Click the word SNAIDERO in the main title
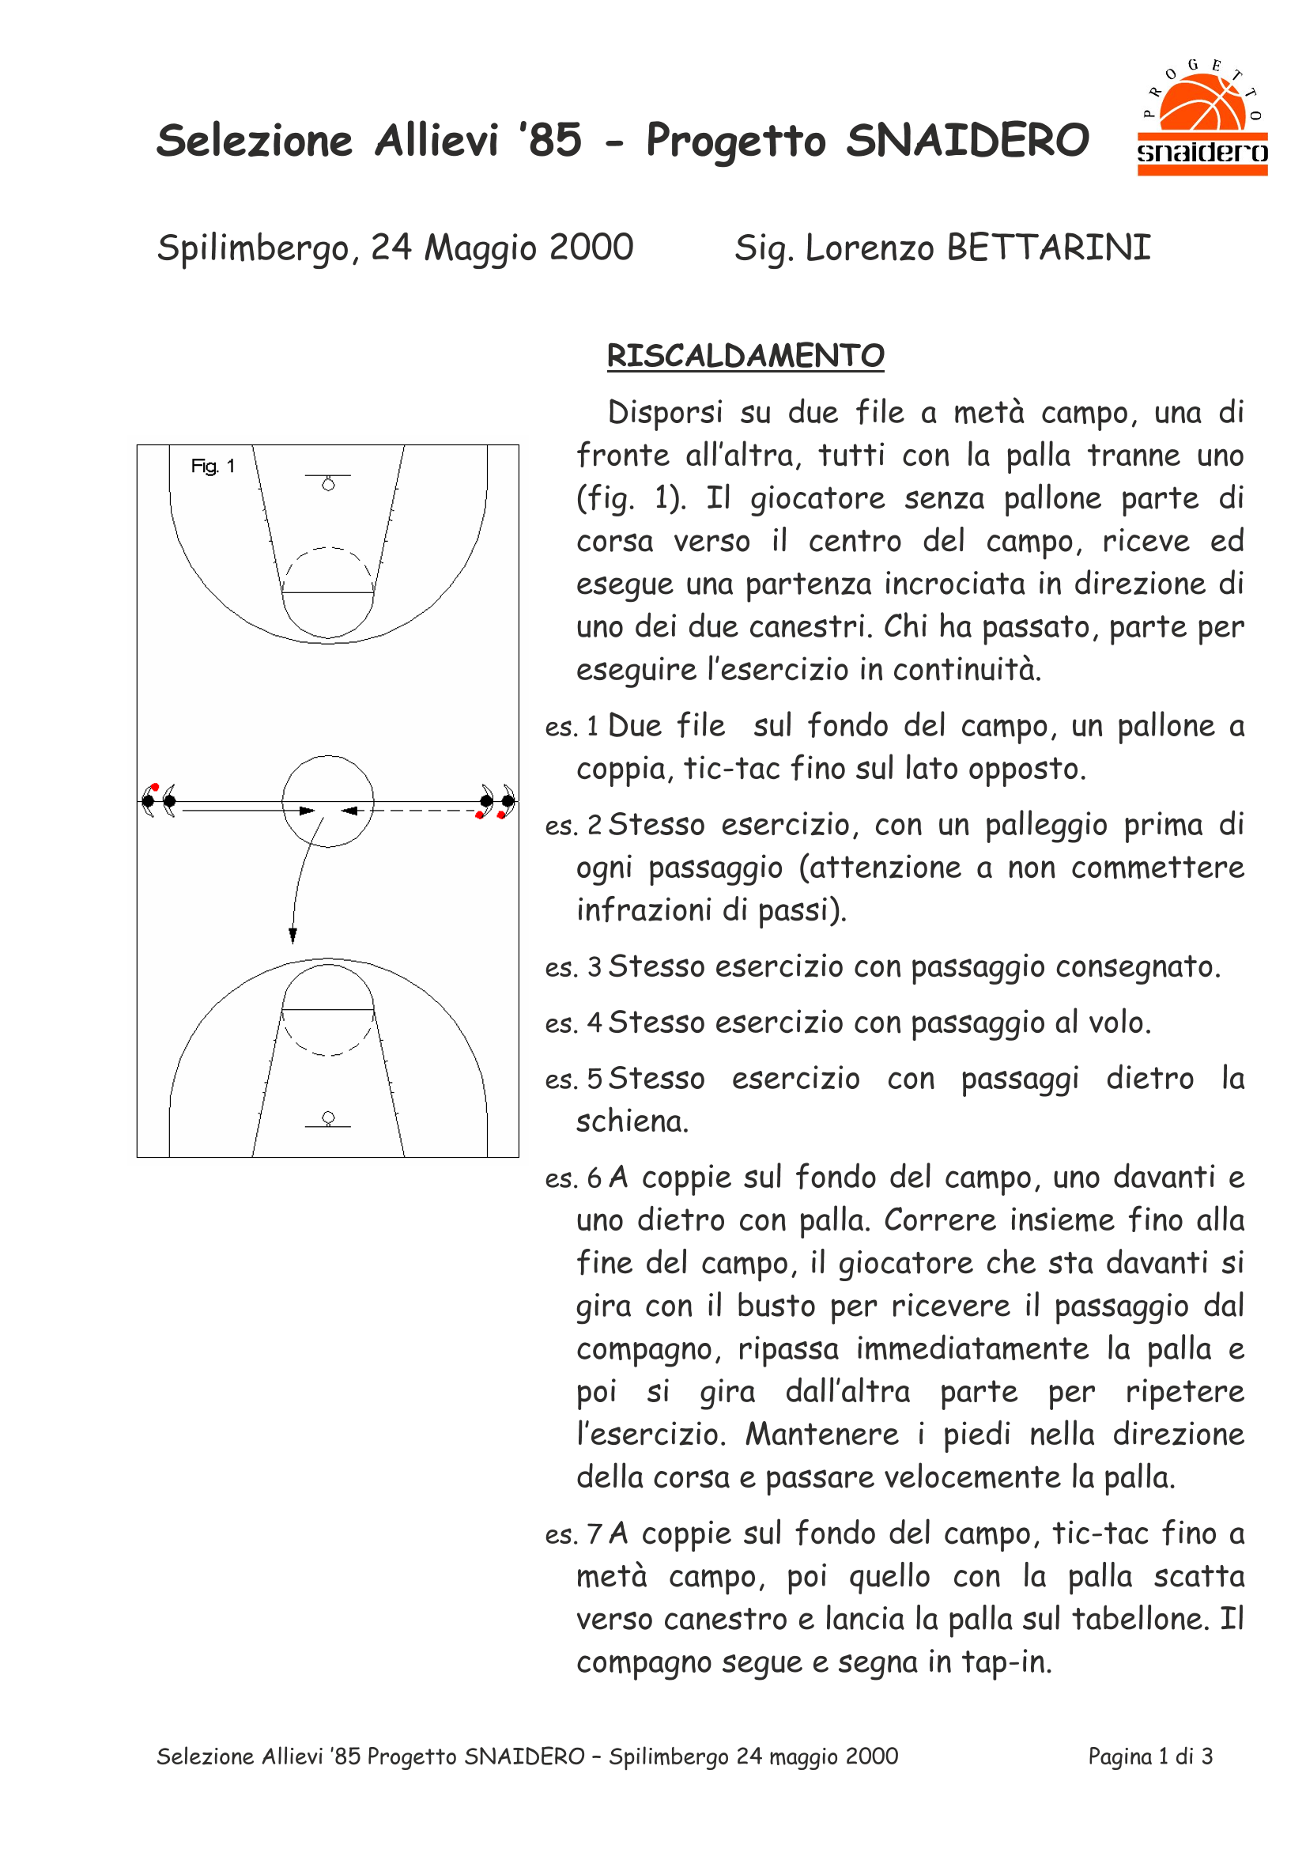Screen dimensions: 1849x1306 967,141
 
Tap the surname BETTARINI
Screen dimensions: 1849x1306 1048,248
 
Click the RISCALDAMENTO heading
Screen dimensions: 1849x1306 745,356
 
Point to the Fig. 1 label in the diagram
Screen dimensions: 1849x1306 213,467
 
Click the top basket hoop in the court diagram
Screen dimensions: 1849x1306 328,485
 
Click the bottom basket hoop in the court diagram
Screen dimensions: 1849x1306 328,1117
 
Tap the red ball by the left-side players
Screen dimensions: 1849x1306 155,787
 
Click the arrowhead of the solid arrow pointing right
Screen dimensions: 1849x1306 307,810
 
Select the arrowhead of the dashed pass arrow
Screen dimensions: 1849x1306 349,810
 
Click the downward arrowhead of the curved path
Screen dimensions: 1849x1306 293,935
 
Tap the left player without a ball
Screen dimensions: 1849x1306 169,800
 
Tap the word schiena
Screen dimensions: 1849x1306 632,1121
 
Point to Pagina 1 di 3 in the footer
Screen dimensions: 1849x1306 1149,1756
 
